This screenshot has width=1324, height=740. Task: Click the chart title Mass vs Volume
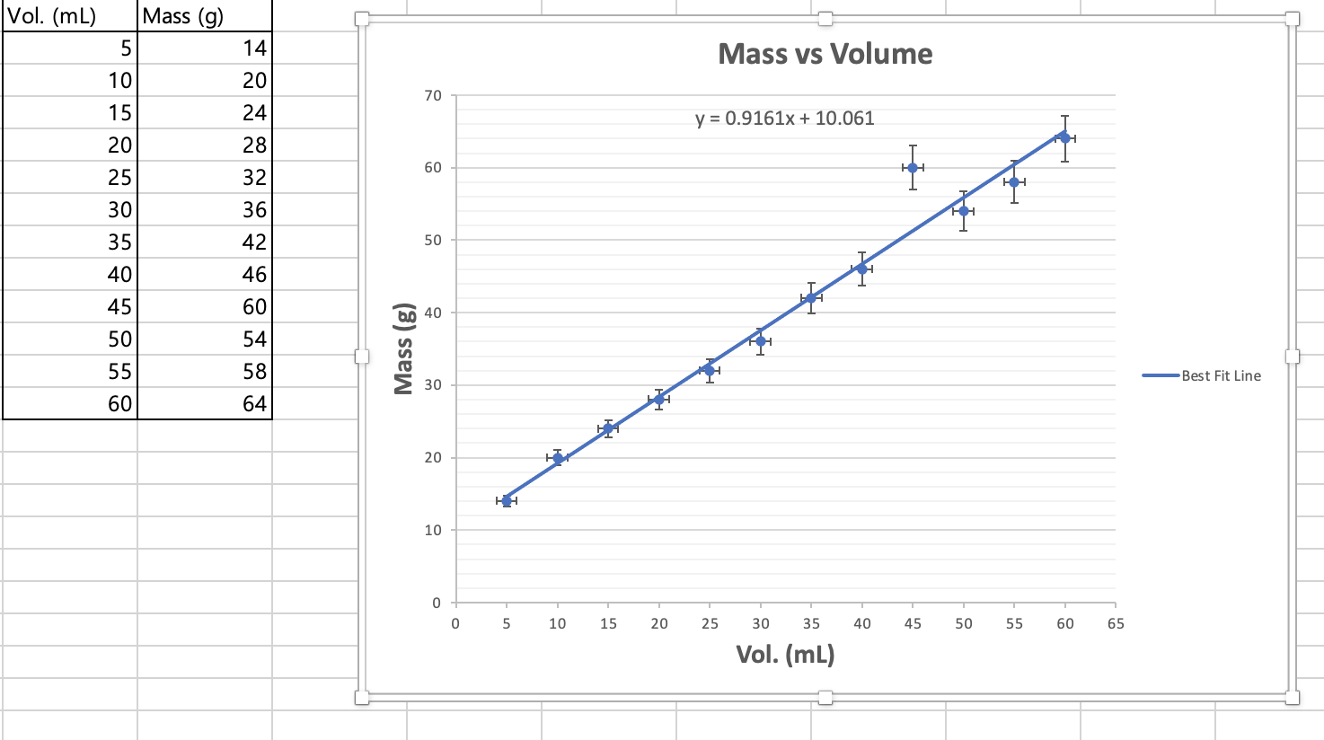pyautogui.click(x=825, y=54)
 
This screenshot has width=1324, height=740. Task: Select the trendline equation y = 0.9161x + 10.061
pyautogui.click(x=784, y=118)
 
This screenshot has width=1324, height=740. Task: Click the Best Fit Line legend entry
pyautogui.click(x=1220, y=375)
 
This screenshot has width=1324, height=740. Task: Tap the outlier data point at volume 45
pyautogui.click(x=913, y=168)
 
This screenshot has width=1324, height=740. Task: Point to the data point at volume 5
pyautogui.click(x=507, y=501)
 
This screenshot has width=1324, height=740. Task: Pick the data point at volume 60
pyautogui.click(x=1064, y=138)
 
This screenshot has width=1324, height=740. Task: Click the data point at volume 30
pyautogui.click(x=761, y=341)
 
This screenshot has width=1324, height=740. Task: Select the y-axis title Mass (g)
pyautogui.click(x=404, y=348)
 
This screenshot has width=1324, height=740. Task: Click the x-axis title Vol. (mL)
pyautogui.click(x=785, y=654)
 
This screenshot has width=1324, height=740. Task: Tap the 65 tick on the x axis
pyautogui.click(x=1115, y=623)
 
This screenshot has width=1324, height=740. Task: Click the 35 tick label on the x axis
pyautogui.click(x=811, y=623)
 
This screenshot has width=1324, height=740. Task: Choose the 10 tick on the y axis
pyautogui.click(x=433, y=530)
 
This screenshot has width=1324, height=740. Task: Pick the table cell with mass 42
pyautogui.click(x=205, y=242)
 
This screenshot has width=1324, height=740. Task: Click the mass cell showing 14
pyautogui.click(x=205, y=48)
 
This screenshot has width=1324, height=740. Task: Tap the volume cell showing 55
pyautogui.click(x=70, y=371)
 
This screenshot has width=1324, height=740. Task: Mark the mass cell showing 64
pyautogui.click(x=205, y=403)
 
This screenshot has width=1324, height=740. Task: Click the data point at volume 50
pyautogui.click(x=963, y=211)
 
